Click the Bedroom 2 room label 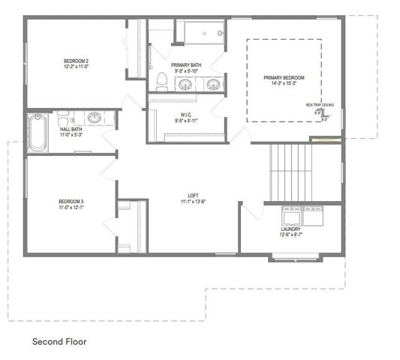pos(77,60)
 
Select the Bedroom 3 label pos(71,201)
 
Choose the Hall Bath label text pos(71,129)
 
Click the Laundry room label pos(292,229)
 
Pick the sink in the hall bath pos(95,117)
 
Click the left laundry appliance pos(290,216)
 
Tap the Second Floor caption pos(59,341)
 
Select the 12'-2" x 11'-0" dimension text pos(77,66)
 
